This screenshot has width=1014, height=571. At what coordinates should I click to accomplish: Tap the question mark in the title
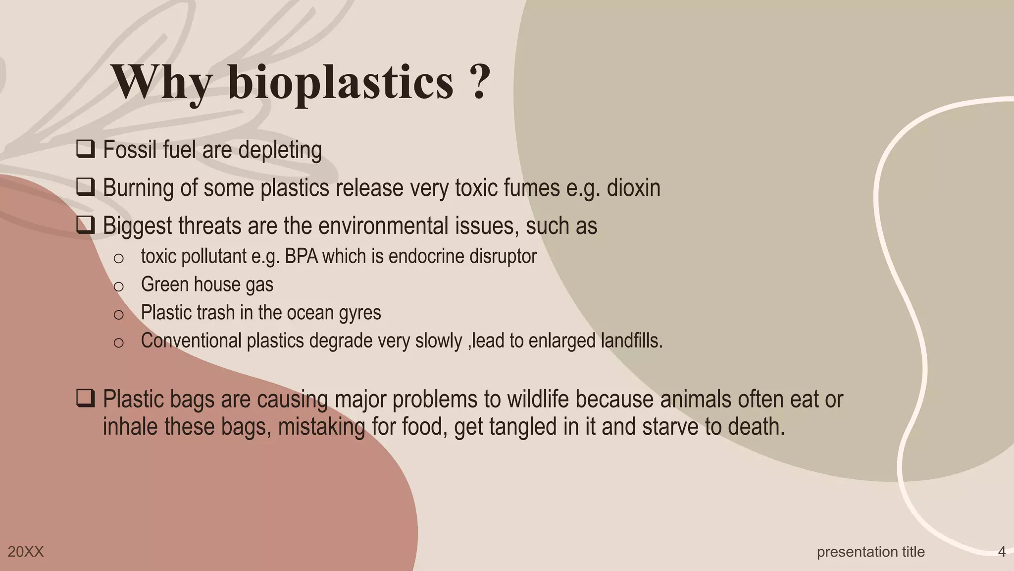click(478, 82)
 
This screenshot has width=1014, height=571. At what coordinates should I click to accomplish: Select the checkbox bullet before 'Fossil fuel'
click(86, 149)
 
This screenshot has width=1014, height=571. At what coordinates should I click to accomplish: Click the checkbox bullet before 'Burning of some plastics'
click(86, 187)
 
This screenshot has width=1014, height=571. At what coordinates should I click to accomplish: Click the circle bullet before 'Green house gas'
click(118, 286)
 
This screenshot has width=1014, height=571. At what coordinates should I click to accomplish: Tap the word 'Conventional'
click(191, 341)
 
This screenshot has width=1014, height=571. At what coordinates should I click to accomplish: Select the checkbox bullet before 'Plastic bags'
click(86, 399)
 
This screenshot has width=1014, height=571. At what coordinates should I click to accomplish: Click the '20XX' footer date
click(26, 552)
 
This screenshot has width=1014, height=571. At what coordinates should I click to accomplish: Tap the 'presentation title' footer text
click(870, 552)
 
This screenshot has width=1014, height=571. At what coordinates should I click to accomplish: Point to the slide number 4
click(1002, 552)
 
